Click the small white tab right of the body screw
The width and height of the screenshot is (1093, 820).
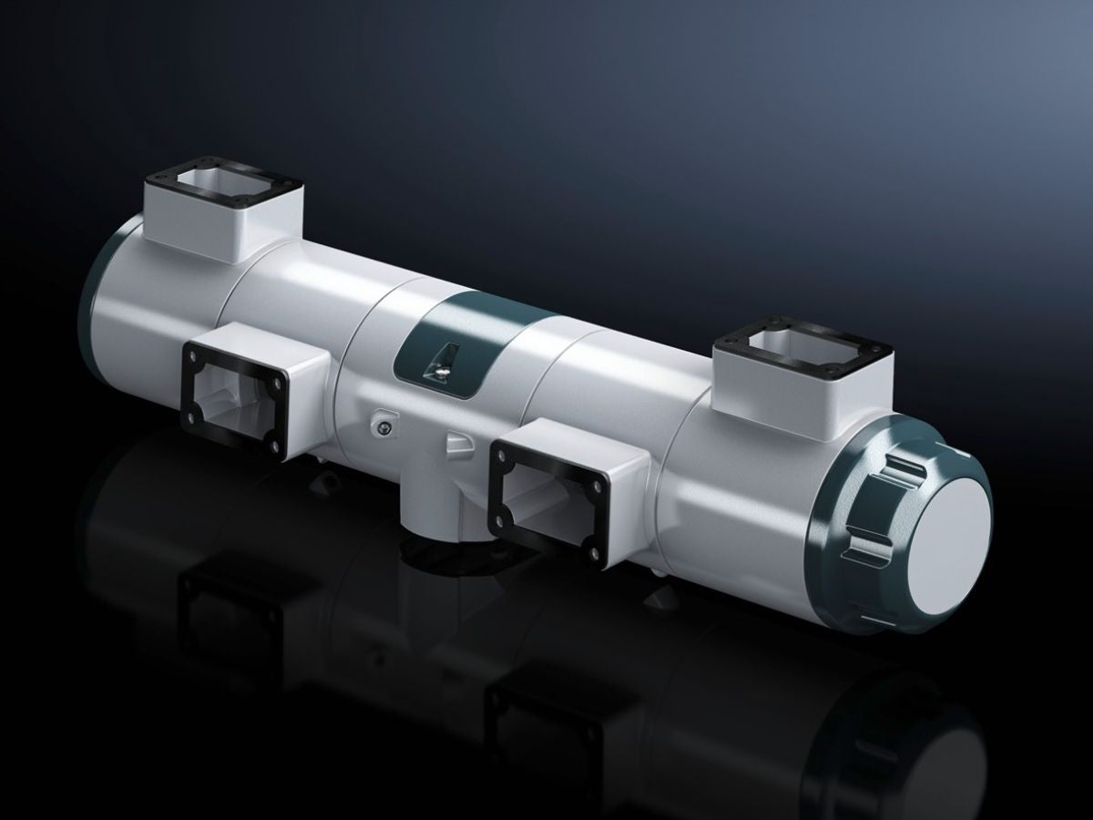(x=457, y=443)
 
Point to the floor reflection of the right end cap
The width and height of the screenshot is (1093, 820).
(x=911, y=729)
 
